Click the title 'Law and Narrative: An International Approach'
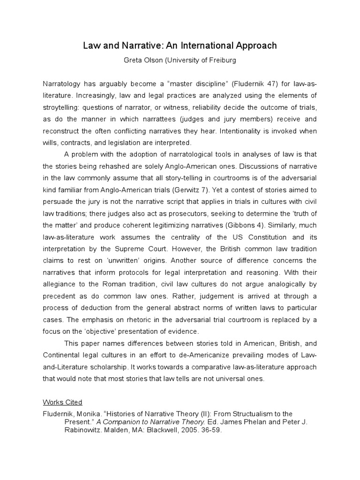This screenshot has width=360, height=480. point(180,45)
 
